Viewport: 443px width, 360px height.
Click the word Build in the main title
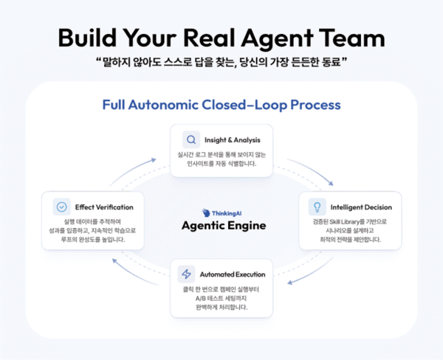tap(92, 38)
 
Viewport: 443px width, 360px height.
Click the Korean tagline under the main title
tap(221, 64)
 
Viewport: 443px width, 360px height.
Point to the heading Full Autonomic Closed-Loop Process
tap(221, 105)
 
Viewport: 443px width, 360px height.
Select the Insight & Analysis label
tap(233, 139)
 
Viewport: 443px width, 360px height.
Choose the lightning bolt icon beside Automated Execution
tap(187, 274)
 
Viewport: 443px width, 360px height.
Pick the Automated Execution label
tap(234, 274)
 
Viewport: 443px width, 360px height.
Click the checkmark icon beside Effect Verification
tap(62, 207)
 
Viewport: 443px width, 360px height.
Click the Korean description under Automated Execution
tap(221, 298)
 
